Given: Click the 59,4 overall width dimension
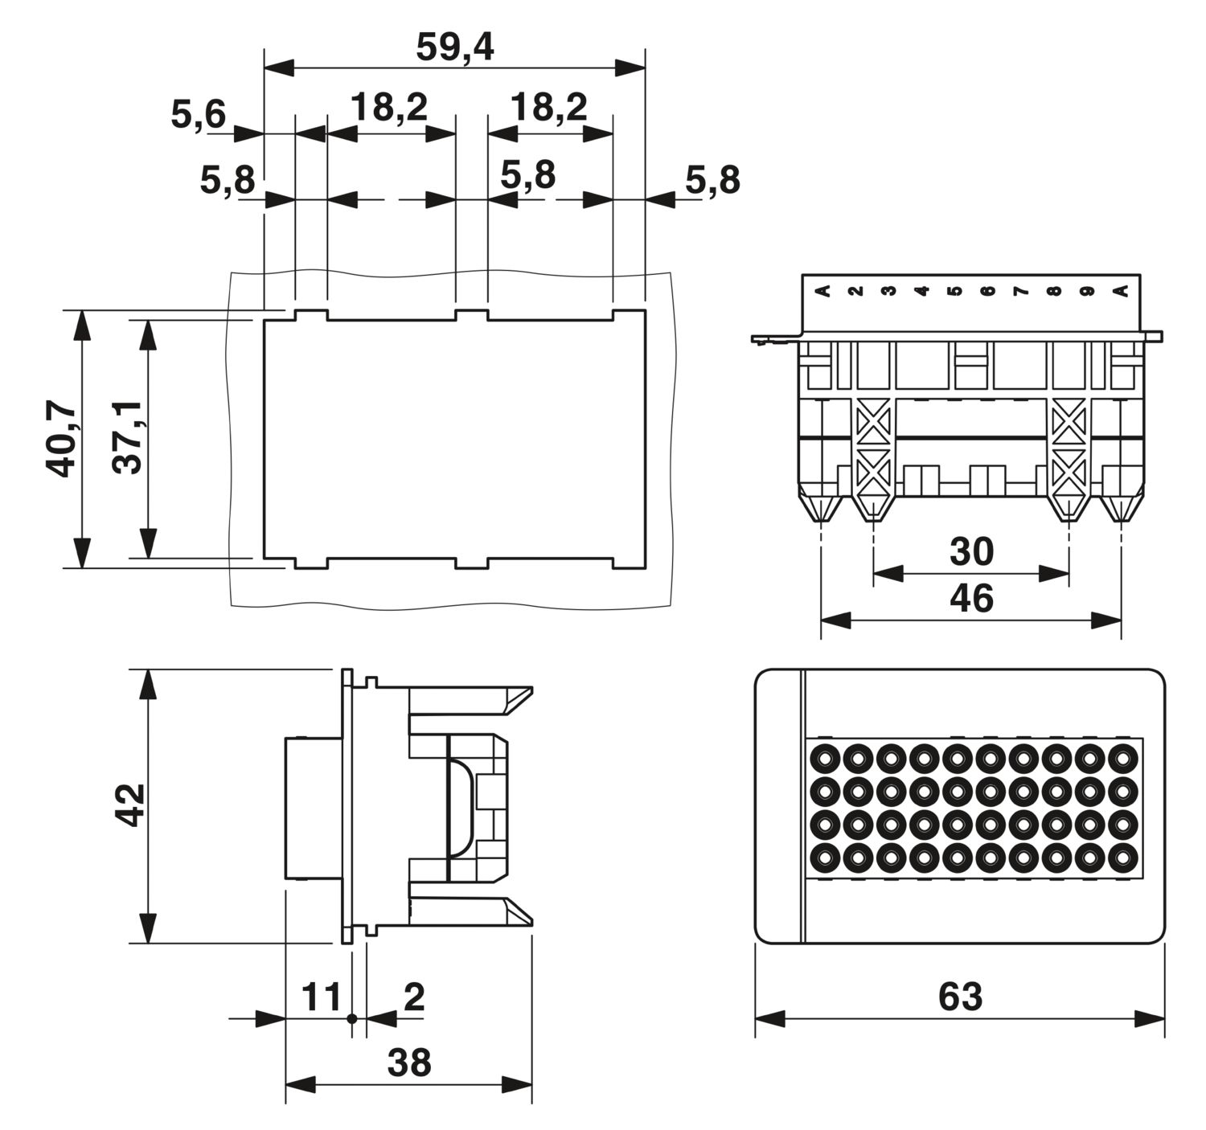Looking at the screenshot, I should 454,48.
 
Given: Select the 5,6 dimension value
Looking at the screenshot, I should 199,115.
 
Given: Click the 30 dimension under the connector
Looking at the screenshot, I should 971,552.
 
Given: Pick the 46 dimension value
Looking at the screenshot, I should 971,599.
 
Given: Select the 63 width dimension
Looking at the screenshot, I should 960,997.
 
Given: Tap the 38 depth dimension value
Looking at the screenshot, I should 409,1062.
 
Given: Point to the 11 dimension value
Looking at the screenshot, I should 322,997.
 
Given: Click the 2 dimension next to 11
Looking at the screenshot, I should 414,997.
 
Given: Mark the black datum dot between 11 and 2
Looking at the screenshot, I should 351,1018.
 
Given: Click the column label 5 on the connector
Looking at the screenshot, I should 954,291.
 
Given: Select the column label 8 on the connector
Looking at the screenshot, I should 1053,291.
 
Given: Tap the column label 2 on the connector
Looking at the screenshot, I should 855,291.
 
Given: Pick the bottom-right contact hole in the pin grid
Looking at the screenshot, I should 1122,858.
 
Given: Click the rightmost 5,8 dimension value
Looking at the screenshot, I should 712,181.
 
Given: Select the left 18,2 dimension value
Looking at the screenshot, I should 389,107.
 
